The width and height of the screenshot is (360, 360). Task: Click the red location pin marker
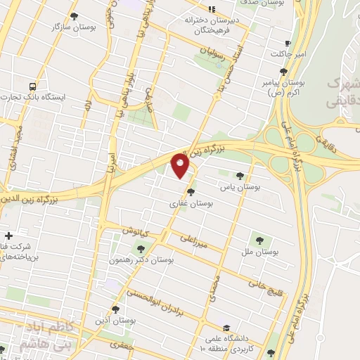point(181,166)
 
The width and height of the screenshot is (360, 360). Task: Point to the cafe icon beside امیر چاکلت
point(288,43)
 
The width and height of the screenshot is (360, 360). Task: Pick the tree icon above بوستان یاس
point(241,175)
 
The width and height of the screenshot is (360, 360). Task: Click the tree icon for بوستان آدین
point(115,309)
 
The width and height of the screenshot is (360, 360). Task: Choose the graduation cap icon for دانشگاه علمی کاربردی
point(226,328)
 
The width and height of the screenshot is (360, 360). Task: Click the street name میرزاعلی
point(193,241)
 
